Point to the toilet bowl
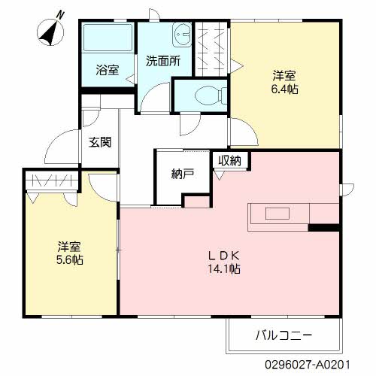tap(207, 95)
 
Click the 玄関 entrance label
tap(100, 141)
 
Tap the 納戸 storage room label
tap(183, 174)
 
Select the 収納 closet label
tap(230, 159)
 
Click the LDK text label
tap(224, 253)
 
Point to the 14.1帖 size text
tap(224, 268)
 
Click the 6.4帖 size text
tap(284, 89)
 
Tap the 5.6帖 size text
tap(70, 259)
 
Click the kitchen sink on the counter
tap(276, 213)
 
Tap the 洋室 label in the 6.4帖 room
tap(284, 75)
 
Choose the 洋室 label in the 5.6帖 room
tap(70, 245)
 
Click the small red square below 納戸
tap(196, 202)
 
